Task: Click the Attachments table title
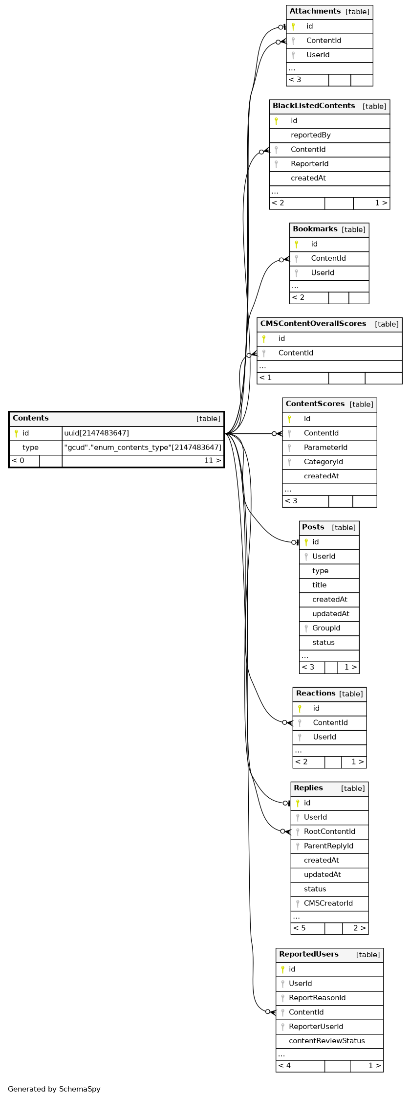315,11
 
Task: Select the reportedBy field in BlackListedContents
310,135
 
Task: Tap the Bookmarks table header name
315,229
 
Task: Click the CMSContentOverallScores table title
313,324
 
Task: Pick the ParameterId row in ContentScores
325,448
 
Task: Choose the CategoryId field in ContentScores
323,462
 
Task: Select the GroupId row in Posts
326,628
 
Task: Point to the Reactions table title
315,694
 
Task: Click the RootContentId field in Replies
329,831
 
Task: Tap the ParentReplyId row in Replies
328,846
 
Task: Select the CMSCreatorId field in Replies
328,903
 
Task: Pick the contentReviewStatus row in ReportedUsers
326,1041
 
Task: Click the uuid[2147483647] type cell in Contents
96,433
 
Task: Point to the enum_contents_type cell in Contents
142,448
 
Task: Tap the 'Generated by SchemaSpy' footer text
54,1089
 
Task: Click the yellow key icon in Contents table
16,433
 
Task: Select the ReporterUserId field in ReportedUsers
316,1027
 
